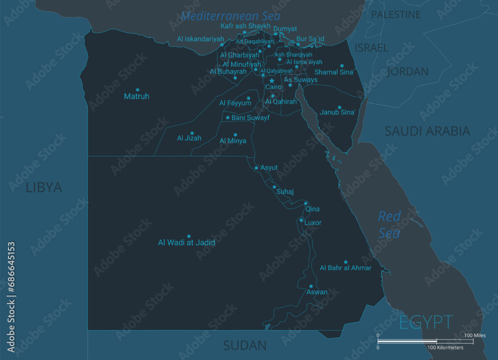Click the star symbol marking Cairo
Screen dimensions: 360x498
[272, 81]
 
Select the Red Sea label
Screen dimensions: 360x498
[389, 225]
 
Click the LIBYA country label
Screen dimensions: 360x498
[44, 188]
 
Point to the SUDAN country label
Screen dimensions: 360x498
[245, 345]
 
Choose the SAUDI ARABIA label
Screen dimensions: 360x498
[427, 131]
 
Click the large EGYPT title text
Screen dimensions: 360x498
[426, 322]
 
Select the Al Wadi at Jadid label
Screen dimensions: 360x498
[187, 243]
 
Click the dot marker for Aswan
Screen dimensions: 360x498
[310, 286]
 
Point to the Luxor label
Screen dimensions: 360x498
[313, 223]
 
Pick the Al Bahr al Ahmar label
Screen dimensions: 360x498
[346, 268]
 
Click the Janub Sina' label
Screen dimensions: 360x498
[337, 113]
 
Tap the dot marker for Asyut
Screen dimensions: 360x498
[256, 168]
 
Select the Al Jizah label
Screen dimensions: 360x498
[189, 138]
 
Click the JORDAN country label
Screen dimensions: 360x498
[407, 72]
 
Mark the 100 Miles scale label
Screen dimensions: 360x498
[475, 336]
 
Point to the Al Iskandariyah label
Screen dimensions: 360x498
[201, 39]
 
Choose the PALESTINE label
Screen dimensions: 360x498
[396, 14]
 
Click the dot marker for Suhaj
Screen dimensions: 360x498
[274, 187]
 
